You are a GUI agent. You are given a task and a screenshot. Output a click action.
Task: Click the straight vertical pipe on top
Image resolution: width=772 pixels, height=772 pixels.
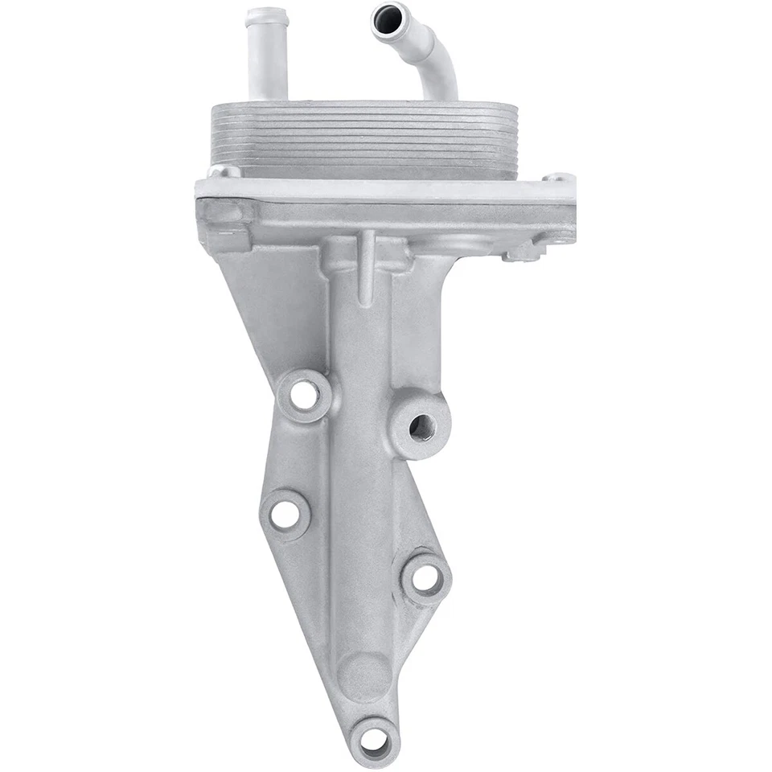coord(267,60)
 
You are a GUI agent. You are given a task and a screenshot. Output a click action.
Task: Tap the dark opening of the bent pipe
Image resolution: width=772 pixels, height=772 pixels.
coord(388,16)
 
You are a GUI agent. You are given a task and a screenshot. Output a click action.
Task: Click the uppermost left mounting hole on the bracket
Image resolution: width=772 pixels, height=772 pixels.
coord(303,394)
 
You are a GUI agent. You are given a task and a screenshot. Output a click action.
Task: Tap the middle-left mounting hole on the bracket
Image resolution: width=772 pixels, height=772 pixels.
coord(284,514)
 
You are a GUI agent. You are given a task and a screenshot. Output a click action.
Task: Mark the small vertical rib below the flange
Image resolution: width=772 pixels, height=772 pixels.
coord(366,265)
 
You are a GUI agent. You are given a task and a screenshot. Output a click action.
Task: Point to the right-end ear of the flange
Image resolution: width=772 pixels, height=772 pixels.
coord(559,179)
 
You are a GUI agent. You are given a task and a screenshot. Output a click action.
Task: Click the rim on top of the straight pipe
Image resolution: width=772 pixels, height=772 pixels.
coord(266,15)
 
